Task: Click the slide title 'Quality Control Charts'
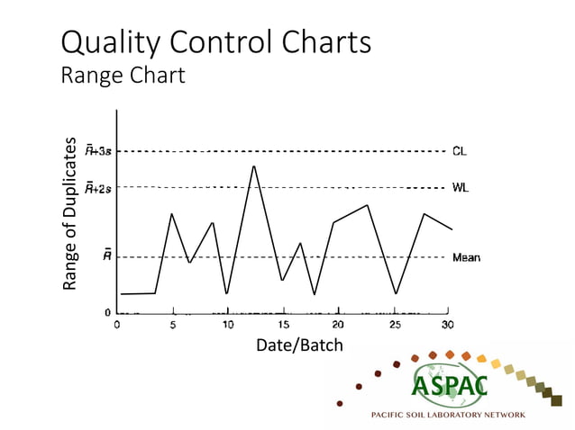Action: click(x=215, y=41)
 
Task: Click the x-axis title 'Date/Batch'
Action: click(x=299, y=345)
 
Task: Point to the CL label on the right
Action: click(x=460, y=152)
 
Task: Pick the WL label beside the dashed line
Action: click(x=460, y=188)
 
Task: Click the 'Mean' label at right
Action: click(x=465, y=257)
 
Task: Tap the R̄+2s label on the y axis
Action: click(x=98, y=188)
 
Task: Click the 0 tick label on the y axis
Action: click(x=107, y=312)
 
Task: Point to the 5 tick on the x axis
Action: click(x=173, y=325)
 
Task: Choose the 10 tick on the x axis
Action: click(x=228, y=325)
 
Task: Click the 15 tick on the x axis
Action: click(x=283, y=325)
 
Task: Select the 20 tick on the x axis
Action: click(x=338, y=325)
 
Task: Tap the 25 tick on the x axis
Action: click(x=394, y=325)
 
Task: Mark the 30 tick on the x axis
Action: click(x=447, y=325)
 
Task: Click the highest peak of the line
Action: click(x=254, y=166)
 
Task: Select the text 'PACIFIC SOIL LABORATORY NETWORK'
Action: click(x=448, y=415)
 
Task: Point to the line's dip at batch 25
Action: click(x=395, y=293)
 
